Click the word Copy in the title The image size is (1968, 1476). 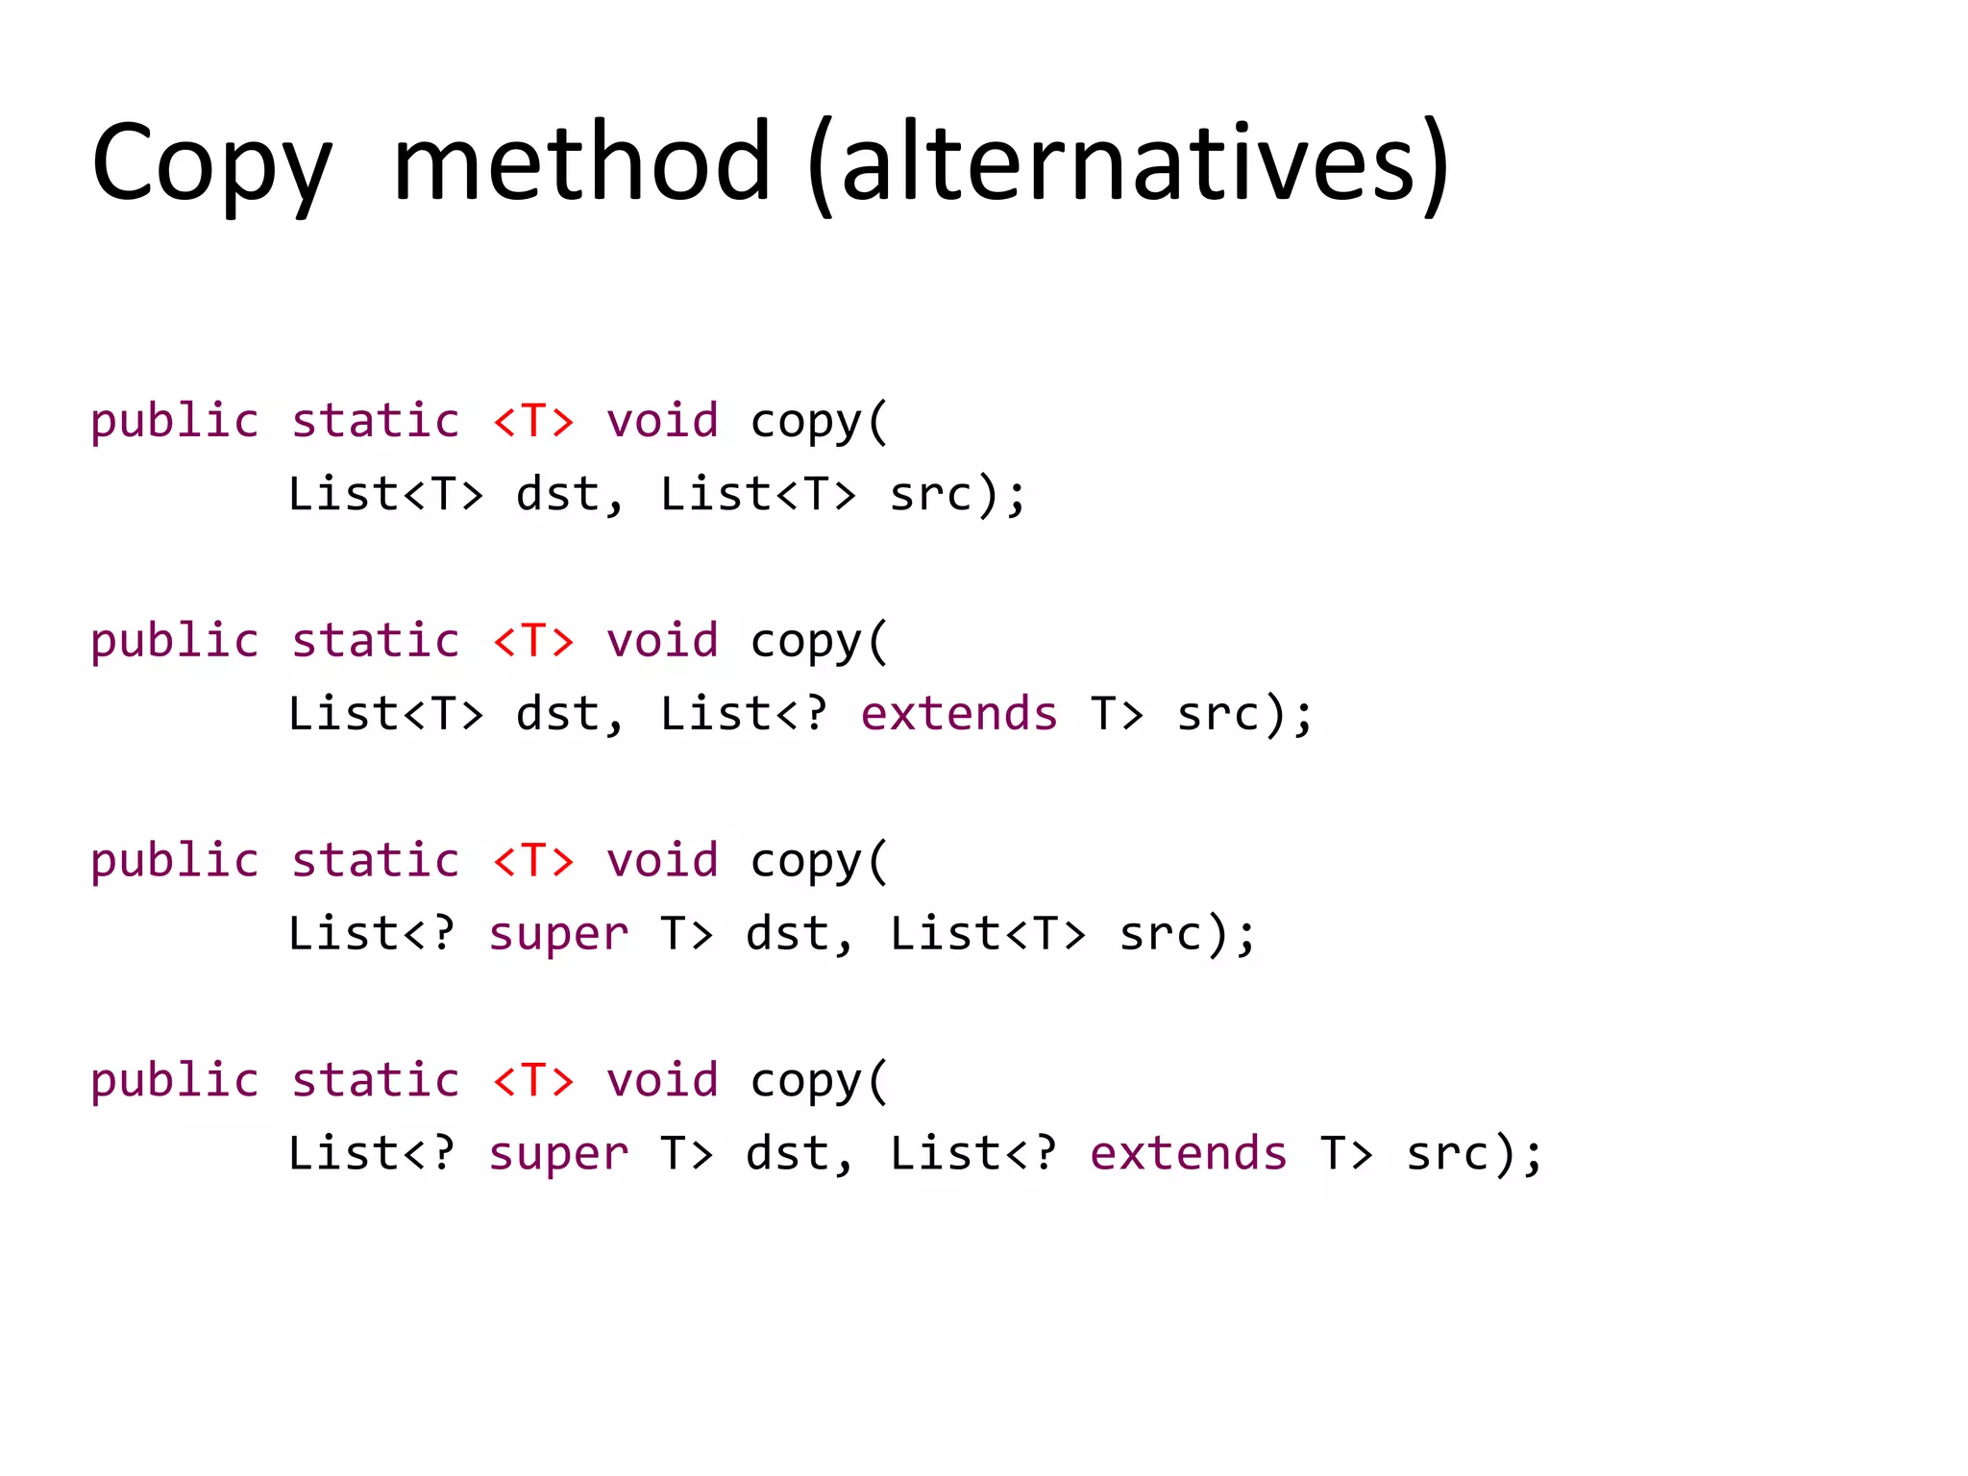pyautogui.click(x=211, y=163)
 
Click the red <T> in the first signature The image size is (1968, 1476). pyautogui.click(x=533, y=421)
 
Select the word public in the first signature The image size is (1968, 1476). pyautogui.click(x=175, y=421)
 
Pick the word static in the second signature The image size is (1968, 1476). pyautogui.click(x=376, y=641)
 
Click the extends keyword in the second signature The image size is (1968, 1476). pyautogui.click(x=959, y=714)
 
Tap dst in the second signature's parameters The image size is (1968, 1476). pyautogui.click(x=558, y=714)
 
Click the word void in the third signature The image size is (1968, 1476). pyautogui.click(x=662, y=860)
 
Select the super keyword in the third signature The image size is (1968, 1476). pyautogui.click(x=558, y=934)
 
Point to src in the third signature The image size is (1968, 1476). pyautogui.click(x=1161, y=934)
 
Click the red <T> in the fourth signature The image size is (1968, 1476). pyautogui.click(x=533, y=1080)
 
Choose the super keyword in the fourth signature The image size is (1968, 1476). pyautogui.click(x=558, y=1153)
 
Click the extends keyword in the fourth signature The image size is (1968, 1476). pyautogui.click(x=1189, y=1153)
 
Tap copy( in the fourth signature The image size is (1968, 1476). pyautogui.click(x=819, y=1080)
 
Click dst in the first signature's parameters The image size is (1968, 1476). pyautogui.click(x=558, y=494)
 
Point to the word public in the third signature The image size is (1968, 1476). pyautogui.click(x=175, y=860)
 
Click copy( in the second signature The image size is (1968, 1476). pyautogui.click(x=819, y=641)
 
